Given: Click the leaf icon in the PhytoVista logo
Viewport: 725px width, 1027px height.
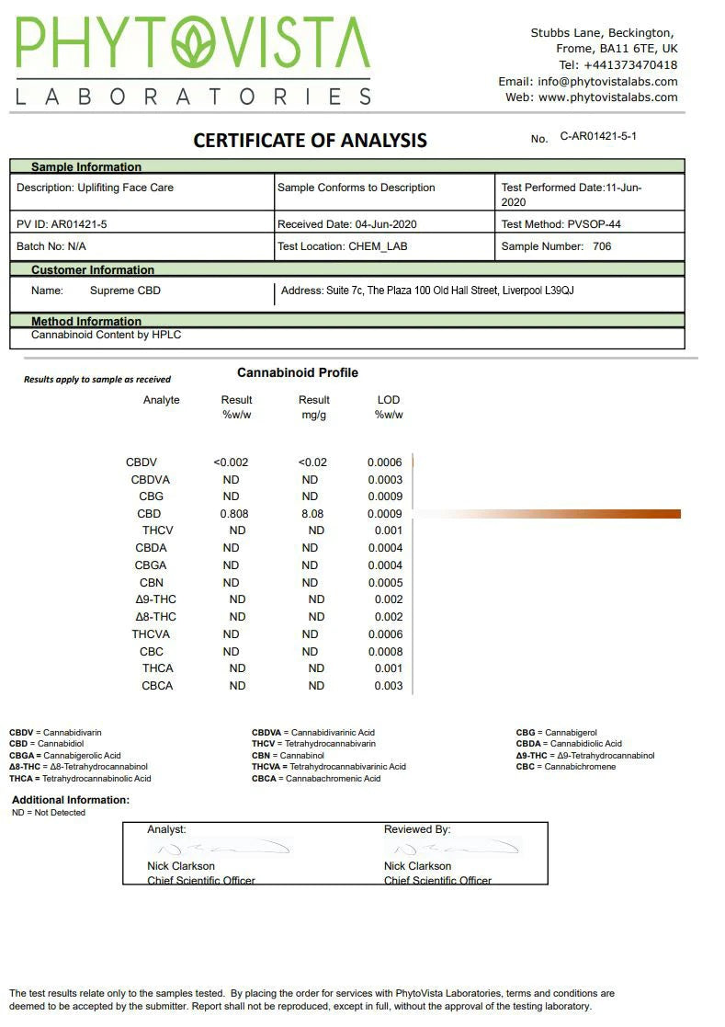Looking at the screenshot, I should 196,47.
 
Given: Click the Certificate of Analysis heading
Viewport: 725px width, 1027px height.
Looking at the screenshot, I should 310,141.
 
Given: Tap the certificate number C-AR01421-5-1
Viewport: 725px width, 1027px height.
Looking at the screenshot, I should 598,136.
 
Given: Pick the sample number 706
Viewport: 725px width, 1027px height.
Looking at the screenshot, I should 602,246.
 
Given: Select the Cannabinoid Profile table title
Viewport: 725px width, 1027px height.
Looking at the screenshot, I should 298,372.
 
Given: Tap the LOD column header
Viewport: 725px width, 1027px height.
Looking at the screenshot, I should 389,400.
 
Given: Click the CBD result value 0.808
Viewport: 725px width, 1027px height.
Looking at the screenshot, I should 234,514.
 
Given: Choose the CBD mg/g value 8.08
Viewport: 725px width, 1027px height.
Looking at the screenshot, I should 312,514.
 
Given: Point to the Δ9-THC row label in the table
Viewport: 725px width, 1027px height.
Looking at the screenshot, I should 155,599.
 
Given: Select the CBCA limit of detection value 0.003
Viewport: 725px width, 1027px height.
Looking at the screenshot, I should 389,686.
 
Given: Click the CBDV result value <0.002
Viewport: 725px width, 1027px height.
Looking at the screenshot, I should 231,462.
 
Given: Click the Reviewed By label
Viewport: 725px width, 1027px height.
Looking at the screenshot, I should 417,829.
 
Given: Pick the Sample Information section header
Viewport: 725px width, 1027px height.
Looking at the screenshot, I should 86,167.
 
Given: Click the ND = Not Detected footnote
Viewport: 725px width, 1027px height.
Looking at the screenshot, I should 49,813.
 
